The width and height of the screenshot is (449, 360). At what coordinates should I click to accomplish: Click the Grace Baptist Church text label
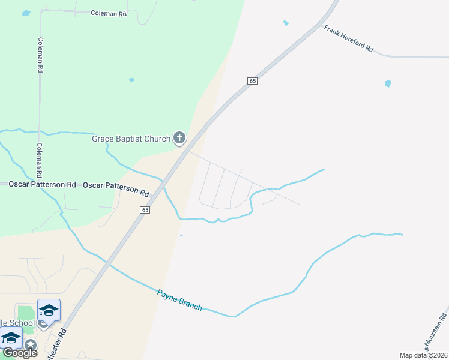point(131,139)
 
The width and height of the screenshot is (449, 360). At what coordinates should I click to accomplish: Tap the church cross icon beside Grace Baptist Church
point(179,139)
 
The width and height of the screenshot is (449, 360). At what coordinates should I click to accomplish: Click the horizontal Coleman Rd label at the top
point(109,13)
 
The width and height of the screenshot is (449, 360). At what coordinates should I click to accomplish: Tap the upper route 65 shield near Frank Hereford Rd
point(252,80)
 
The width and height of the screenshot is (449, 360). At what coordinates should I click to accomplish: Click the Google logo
point(20,353)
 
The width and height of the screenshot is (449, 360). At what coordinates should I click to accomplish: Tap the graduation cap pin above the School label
point(49,310)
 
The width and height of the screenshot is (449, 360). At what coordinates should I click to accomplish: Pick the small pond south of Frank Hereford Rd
point(388,83)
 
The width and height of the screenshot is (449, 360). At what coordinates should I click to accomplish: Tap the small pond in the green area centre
point(131,79)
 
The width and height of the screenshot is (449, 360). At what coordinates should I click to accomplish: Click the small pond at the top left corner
point(25,13)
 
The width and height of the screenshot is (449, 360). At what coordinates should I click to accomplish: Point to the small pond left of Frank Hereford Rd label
point(286,23)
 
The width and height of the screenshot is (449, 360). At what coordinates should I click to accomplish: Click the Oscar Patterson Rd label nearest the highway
point(116,189)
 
